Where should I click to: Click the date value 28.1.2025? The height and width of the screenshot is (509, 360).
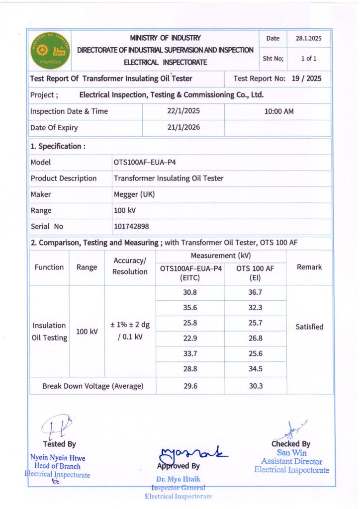pos(309,38)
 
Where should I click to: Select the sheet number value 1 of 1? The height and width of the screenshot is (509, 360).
pos(309,58)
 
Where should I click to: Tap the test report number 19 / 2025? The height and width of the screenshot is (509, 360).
pos(306,79)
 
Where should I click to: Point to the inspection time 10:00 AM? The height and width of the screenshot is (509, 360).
pos(279,111)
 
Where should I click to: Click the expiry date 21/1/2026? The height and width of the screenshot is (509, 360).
pos(183,128)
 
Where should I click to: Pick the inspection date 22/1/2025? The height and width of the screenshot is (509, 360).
pos(183,111)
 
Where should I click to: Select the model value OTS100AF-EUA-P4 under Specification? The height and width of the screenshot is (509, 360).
pos(145,162)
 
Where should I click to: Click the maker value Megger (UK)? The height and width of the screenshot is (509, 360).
pos(134,194)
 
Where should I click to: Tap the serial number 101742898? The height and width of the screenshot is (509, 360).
pos(131,227)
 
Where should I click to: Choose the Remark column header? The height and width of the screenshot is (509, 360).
pos(309,267)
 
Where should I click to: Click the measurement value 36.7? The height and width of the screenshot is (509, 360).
pos(255,293)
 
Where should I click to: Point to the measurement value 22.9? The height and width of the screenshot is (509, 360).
pos(190,339)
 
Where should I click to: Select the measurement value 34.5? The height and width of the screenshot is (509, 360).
pos(255,369)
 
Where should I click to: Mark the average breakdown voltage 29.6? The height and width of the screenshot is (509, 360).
pos(190,386)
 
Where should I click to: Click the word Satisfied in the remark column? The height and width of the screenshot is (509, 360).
pos(309,327)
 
